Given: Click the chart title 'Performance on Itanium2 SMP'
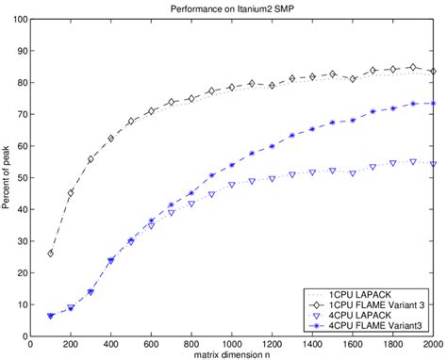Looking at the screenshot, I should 236,8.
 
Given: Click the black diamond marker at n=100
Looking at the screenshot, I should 51,254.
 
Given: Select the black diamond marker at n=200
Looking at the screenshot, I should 71,192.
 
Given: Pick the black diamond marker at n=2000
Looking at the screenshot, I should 433,71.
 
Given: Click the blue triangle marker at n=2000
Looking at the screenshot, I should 433,163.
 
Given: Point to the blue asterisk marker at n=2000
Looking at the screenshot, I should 433,103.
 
